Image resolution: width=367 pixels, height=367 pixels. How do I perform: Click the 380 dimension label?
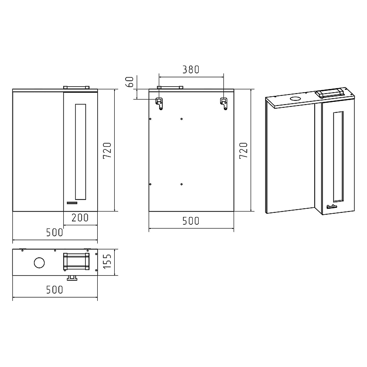(191, 70)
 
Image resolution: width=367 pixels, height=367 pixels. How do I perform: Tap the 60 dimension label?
(130, 82)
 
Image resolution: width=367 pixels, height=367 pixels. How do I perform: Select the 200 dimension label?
(80, 217)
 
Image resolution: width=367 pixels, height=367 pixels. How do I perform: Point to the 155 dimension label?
(107, 261)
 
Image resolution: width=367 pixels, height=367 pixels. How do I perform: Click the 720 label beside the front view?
(107, 150)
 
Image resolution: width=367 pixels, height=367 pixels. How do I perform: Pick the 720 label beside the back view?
(244, 150)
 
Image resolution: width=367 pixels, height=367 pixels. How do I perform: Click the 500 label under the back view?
(191, 221)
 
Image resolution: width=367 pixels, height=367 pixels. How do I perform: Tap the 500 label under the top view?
(55, 290)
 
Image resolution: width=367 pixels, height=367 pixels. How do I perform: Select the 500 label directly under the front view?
(55, 233)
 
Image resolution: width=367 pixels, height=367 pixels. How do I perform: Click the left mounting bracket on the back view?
(159, 104)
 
